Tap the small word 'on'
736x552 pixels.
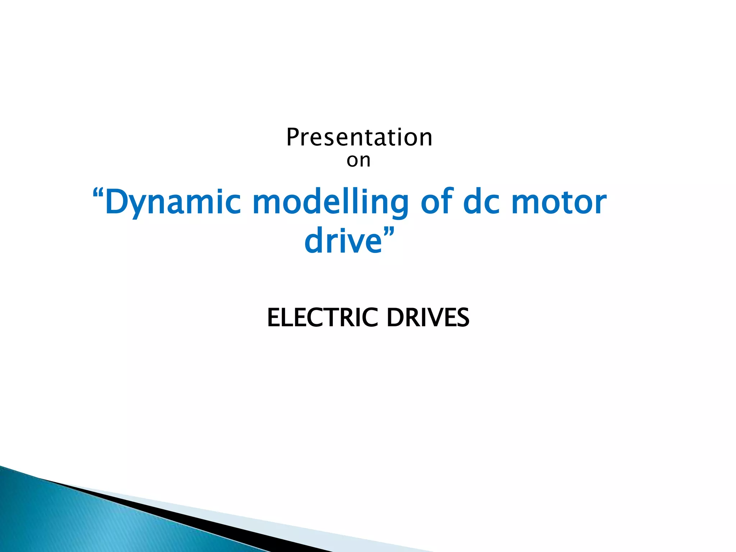point(358,160)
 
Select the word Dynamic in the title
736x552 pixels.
point(172,202)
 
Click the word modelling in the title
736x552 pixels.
point(330,202)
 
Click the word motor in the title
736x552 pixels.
point(559,202)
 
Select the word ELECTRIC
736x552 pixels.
point(322,318)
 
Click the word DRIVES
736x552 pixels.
point(428,318)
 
